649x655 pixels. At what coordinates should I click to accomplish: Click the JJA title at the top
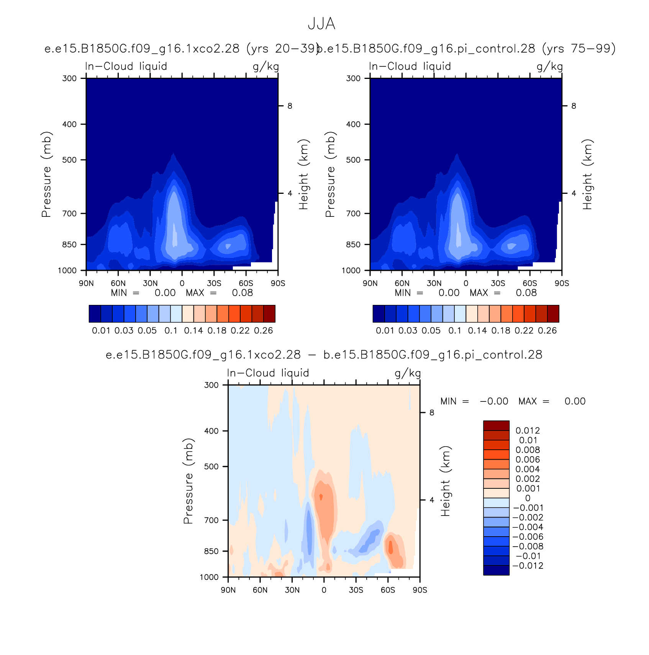point(321,24)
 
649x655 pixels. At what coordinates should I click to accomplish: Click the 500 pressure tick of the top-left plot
point(69,160)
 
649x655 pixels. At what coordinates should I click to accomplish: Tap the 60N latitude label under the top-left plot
point(118,283)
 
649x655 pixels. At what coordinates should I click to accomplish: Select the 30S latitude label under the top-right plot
point(498,283)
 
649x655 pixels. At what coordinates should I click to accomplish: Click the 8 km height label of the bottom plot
point(432,413)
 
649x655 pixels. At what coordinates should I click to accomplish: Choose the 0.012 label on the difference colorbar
point(528,431)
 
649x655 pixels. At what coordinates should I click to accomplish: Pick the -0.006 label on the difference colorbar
point(528,537)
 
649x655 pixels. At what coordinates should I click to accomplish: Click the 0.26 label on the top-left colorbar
point(264,331)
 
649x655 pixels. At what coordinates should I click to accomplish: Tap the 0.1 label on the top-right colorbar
point(455,331)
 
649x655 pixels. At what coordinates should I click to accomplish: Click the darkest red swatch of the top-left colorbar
point(269,314)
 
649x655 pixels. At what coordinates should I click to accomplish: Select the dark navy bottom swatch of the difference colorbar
point(496,570)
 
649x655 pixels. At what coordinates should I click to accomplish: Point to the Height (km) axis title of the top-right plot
point(587,174)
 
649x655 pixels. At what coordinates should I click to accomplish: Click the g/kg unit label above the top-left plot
point(266,67)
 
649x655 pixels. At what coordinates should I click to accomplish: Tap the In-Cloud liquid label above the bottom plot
point(268,373)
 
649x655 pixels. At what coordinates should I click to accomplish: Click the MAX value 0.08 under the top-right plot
point(526,293)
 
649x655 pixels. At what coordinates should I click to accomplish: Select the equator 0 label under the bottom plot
point(324,590)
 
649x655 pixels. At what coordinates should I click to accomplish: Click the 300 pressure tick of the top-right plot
point(353,78)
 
